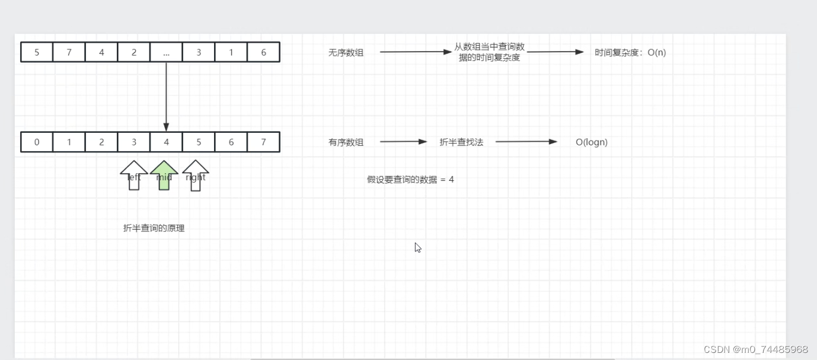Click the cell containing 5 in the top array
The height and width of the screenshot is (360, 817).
coord(37,52)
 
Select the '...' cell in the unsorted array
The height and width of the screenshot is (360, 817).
coord(166,52)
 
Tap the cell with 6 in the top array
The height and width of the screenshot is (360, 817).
coord(263,52)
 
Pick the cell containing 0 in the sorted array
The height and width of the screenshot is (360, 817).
coord(37,142)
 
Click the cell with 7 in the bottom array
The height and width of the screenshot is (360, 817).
coord(263,142)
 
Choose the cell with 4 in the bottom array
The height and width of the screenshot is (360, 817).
coord(166,142)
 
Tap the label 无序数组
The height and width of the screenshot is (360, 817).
coord(346,53)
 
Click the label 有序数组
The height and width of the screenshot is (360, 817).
coord(346,142)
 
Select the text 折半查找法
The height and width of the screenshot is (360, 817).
coord(461,142)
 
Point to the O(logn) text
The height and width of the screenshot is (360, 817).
coord(592,142)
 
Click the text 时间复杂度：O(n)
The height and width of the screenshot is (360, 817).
coord(630,53)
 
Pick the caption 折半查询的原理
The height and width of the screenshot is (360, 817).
coord(154,228)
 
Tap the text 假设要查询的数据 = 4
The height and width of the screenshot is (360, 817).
coord(410,180)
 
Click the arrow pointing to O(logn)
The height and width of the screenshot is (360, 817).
coord(526,142)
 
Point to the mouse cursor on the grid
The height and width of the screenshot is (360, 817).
coord(418,247)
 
